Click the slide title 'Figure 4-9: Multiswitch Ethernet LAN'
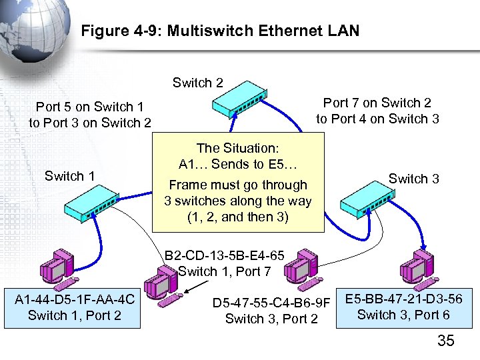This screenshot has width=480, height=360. click(x=219, y=31)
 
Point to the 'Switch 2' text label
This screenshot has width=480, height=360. click(x=197, y=83)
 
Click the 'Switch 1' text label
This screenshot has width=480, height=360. click(x=69, y=176)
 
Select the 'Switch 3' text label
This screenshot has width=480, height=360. click(x=413, y=178)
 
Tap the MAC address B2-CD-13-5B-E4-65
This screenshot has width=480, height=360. click(x=225, y=255)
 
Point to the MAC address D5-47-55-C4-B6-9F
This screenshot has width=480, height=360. click(x=271, y=304)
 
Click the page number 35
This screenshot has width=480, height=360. click(x=445, y=341)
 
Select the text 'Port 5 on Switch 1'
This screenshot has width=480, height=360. click(x=89, y=107)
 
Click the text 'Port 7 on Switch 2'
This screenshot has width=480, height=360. click(x=377, y=103)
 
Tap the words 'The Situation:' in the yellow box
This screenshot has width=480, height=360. click(x=238, y=147)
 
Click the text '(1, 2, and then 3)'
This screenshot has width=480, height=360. click(x=238, y=217)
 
